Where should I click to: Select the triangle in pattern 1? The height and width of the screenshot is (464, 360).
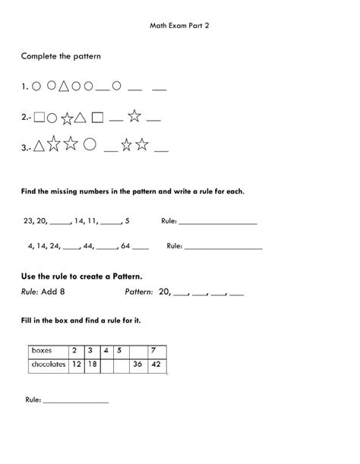(64, 87)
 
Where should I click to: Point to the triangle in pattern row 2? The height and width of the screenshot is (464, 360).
(80, 118)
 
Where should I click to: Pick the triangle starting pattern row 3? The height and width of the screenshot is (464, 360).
(39, 147)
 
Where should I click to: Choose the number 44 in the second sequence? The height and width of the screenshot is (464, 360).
(90, 246)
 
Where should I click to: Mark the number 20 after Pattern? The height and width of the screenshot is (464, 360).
(165, 292)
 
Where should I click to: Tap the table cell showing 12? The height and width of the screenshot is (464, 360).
(76, 365)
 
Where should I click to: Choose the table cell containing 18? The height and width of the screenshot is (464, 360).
(90, 365)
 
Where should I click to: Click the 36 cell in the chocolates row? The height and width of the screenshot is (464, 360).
(137, 365)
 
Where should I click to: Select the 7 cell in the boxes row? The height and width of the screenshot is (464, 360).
(154, 350)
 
